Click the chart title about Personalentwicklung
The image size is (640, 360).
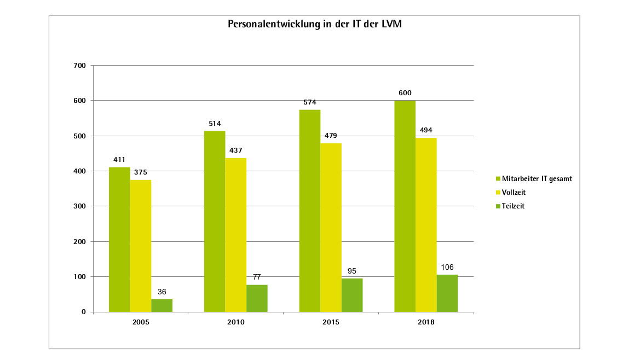(x=315, y=25)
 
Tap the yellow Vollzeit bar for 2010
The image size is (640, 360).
(x=236, y=235)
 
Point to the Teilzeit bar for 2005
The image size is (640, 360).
(x=162, y=306)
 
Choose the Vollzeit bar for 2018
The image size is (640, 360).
(x=426, y=225)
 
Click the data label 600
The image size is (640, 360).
(x=405, y=93)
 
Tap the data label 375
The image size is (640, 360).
(x=141, y=172)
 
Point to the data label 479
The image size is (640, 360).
(x=331, y=136)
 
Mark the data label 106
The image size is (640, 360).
(x=447, y=267)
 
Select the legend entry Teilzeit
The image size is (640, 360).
(x=514, y=206)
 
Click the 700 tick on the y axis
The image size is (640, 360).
(x=80, y=66)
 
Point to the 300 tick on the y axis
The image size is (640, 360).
(x=80, y=206)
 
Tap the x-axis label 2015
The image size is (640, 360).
(x=331, y=322)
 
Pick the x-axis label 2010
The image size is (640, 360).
(x=236, y=322)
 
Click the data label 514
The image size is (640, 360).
(x=215, y=124)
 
